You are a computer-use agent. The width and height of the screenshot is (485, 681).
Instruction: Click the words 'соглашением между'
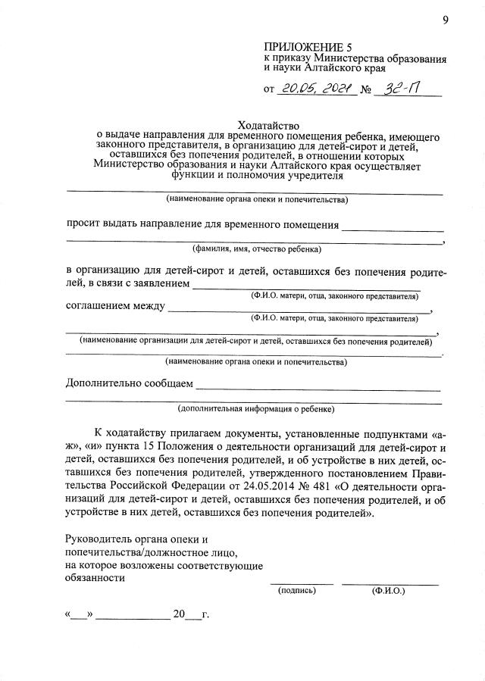pos(115,307)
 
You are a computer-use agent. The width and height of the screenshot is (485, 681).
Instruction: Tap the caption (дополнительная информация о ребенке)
pos(256,408)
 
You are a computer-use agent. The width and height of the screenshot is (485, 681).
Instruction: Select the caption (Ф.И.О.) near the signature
pos(389,590)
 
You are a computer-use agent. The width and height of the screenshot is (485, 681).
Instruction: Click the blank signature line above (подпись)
pos(301,583)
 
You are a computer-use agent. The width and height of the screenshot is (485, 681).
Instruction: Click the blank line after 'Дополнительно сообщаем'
pos(318,389)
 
